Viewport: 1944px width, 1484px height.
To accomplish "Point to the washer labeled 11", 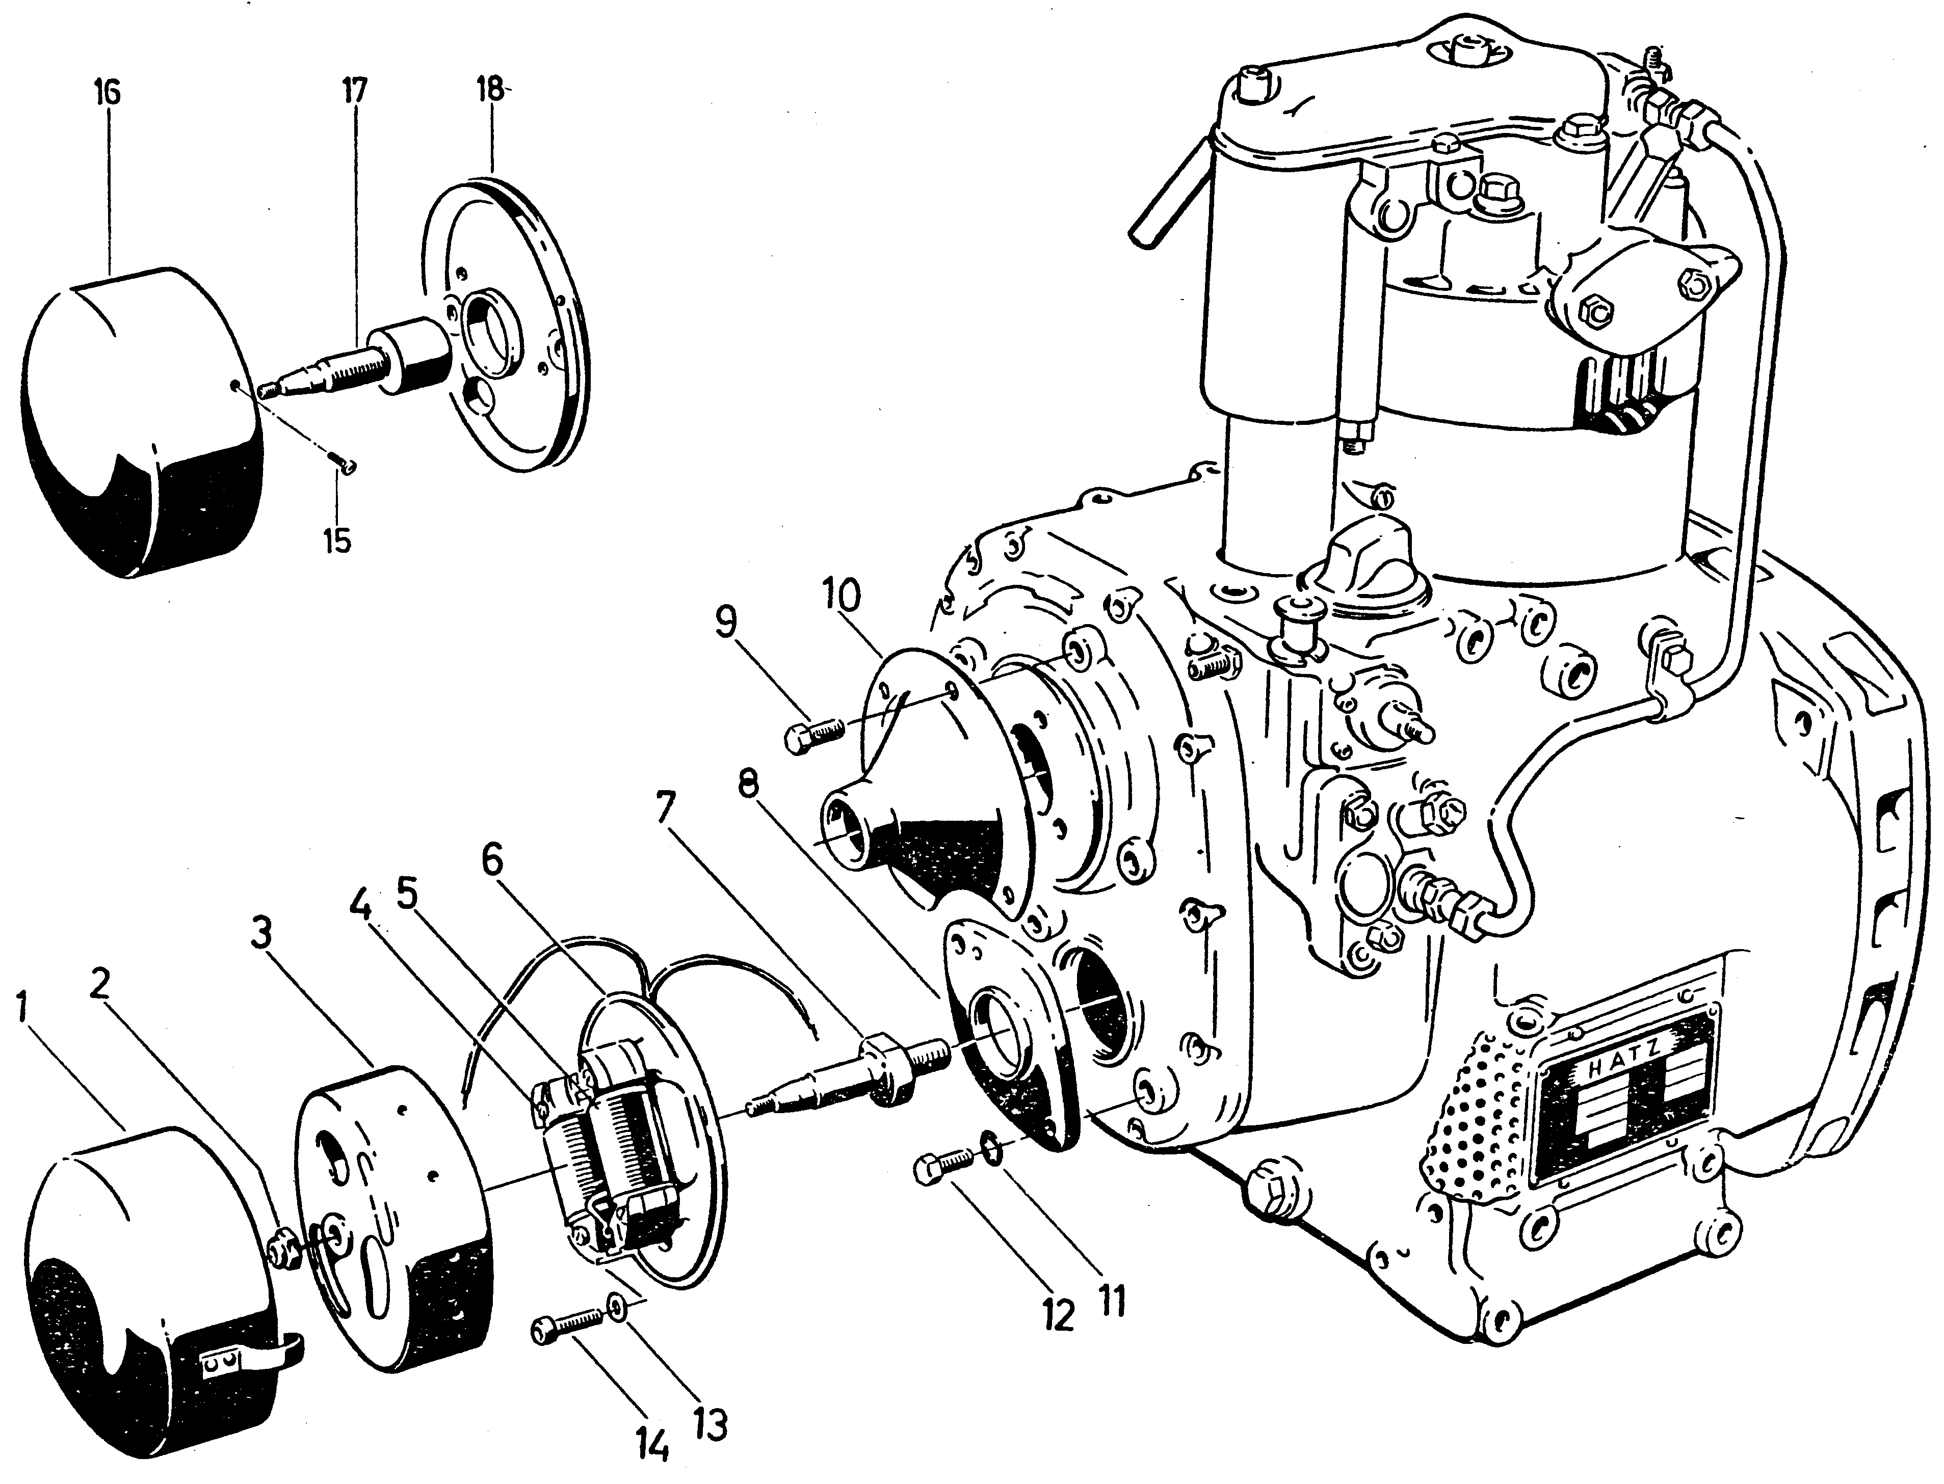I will pos(991,1151).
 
